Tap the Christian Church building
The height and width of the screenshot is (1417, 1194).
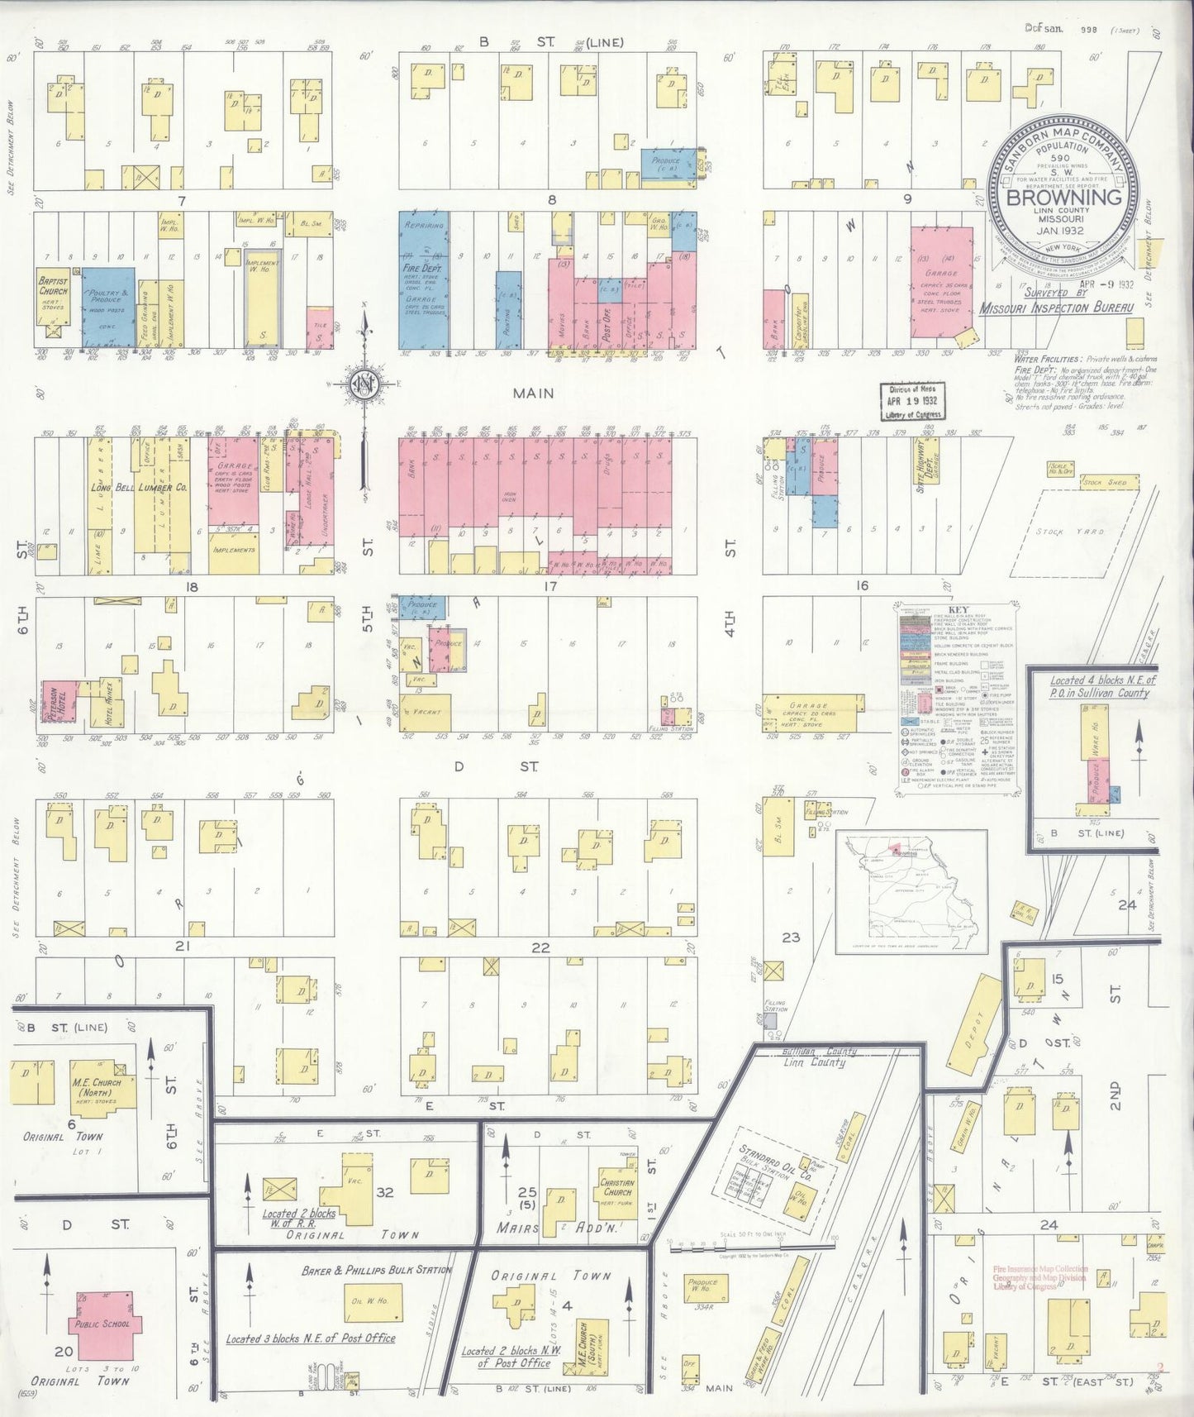pos(617,1186)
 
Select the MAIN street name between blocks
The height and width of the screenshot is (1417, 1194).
pos(533,394)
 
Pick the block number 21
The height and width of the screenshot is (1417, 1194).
pos(181,946)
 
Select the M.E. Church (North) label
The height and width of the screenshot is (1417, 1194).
pos(97,1087)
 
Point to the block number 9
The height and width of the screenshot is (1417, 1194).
pos(907,198)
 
